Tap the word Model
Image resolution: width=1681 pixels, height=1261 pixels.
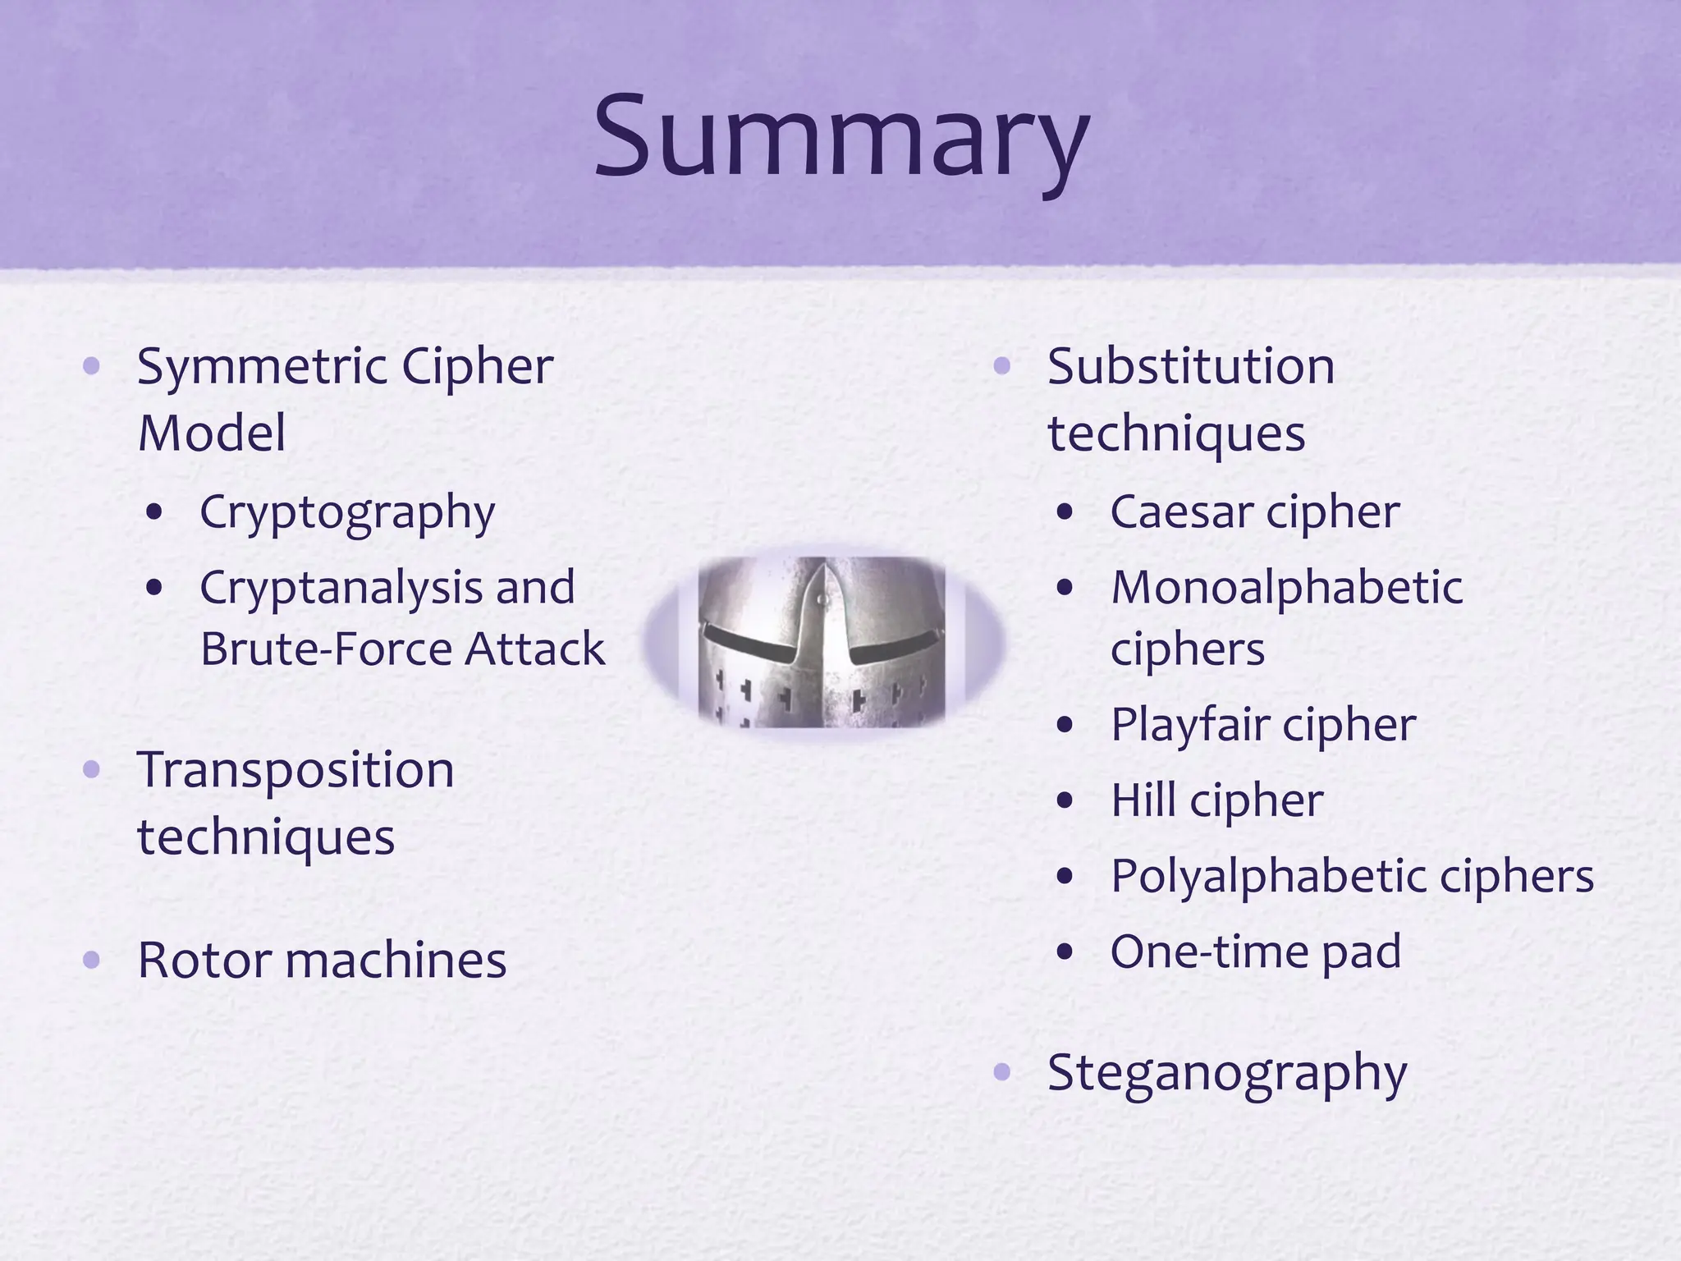coord(212,433)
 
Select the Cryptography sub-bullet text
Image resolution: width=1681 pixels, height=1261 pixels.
coord(347,512)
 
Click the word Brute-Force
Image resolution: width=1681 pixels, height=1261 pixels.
coord(326,649)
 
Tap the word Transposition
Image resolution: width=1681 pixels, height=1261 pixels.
coord(295,770)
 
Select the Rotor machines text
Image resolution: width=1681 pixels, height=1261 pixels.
coord(322,960)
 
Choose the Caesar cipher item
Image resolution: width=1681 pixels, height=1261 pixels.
coord(1254,512)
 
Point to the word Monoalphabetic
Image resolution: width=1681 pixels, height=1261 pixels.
coord(1286,588)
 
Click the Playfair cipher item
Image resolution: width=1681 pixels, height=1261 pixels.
coord(1262,725)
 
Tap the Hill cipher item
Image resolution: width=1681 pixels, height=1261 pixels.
coord(1216,800)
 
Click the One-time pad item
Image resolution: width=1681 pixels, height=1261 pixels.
coord(1255,951)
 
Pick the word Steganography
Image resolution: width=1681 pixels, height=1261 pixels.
coord(1227,1072)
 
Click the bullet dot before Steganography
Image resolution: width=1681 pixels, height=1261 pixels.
coord(1001,1072)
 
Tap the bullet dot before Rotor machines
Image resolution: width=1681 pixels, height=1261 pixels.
coord(91,960)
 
